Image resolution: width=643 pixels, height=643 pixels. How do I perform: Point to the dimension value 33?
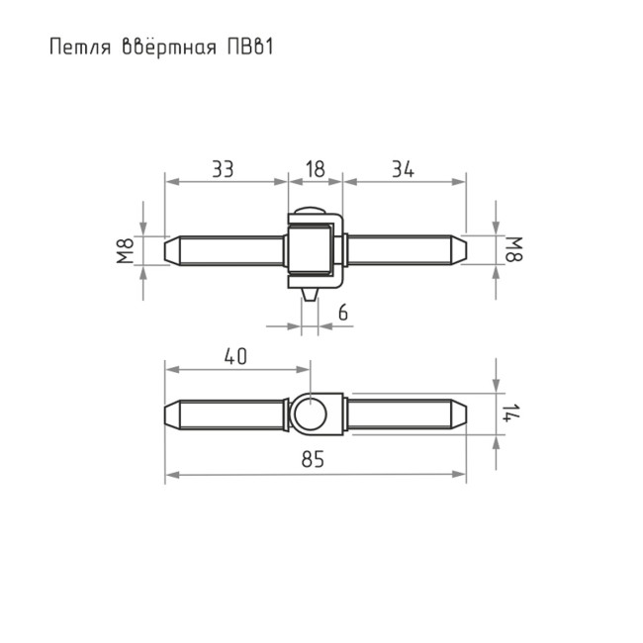(223, 169)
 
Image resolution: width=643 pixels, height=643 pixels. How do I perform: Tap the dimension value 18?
(315, 169)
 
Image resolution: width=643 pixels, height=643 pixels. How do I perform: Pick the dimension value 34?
(401, 169)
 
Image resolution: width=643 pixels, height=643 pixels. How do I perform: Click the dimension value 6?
(342, 313)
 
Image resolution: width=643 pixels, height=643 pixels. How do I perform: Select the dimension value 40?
(235, 357)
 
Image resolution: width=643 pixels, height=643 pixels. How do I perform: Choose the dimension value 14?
(508, 413)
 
